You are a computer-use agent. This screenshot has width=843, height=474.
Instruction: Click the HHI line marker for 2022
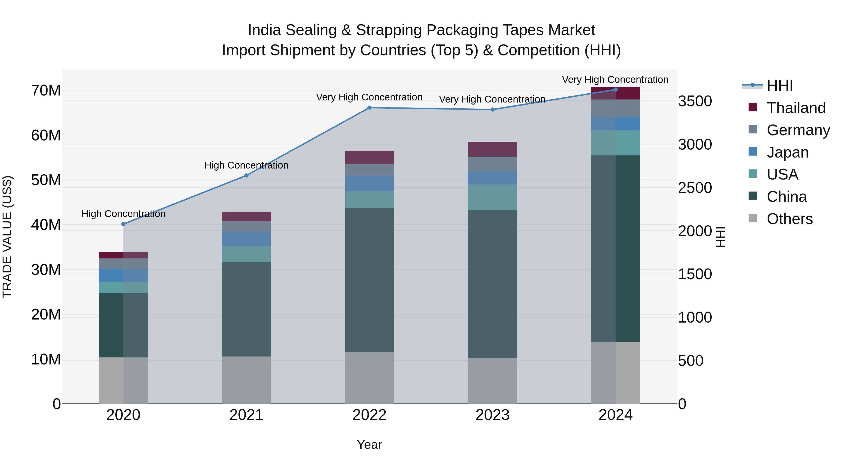click(370, 108)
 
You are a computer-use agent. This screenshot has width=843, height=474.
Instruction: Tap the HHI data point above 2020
click(123, 224)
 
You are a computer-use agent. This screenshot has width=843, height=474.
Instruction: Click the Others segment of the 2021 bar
click(246, 380)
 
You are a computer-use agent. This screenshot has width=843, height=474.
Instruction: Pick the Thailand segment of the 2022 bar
click(370, 157)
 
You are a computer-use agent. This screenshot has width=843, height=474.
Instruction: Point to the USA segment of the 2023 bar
click(492, 197)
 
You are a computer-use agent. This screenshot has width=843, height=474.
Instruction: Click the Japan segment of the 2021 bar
click(246, 239)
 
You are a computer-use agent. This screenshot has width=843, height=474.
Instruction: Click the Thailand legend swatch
click(753, 107)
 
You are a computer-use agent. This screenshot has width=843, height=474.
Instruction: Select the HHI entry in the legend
click(780, 86)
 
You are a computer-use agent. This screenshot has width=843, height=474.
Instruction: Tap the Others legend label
click(790, 219)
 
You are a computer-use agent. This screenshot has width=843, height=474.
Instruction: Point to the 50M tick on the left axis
click(46, 180)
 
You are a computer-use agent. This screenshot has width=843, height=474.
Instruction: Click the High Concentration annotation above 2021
click(246, 165)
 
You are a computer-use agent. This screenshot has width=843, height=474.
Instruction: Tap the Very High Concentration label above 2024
click(615, 80)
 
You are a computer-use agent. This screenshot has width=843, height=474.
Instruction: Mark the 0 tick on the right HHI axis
click(682, 404)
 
